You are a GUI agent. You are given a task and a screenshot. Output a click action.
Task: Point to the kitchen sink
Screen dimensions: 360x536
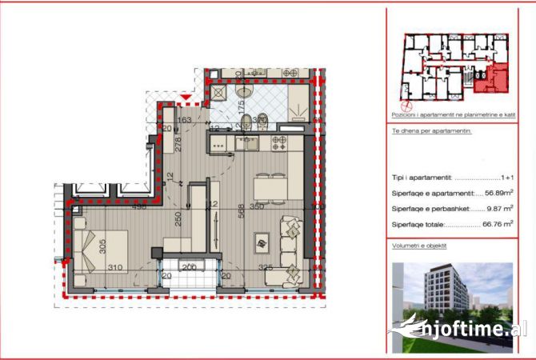[x=246, y=144]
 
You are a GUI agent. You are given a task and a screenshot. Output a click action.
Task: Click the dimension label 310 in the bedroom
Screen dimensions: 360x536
[x=115, y=267]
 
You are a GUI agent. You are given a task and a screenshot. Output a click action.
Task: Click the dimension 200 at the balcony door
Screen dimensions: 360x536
[x=189, y=267]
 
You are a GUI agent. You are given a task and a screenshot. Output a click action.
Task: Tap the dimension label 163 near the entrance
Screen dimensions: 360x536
[x=184, y=120]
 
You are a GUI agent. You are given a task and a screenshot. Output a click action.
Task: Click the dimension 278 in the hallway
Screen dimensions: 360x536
[x=178, y=145]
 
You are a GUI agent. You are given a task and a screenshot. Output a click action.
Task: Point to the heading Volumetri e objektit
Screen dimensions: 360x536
[x=419, y=248]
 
